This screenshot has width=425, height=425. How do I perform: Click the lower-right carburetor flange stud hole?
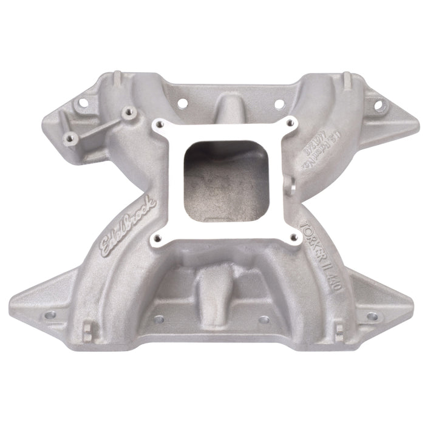pyautogui.click(x=294, y=237)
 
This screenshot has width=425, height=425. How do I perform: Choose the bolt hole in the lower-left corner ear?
pyautogui.click(x=50, y=314)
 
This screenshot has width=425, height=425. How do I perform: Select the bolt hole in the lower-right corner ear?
pyautogui.click(x=372, y=316)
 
